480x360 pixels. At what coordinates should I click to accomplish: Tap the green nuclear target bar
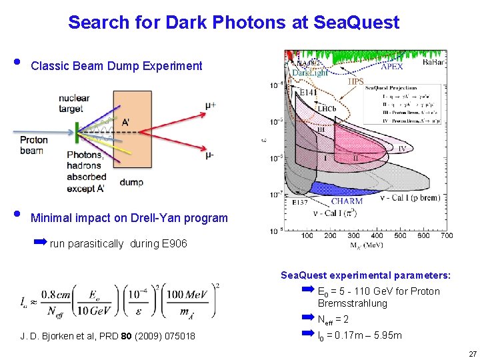[x=77, y=130]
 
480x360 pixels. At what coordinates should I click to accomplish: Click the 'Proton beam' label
[x=33, y=145]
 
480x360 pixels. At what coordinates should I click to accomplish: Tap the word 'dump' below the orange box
[x=131, y=183]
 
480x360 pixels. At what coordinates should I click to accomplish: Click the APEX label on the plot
[x=391, y=67]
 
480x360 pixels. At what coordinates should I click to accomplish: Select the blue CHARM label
[x=347, y=201]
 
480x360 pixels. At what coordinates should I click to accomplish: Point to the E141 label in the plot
[x=308, y=93]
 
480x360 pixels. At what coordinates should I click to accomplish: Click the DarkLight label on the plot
[x=310, y=72]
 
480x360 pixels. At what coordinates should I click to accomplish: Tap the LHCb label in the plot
[x=326, y=108]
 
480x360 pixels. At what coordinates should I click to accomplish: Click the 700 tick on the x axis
[x=446, y=235]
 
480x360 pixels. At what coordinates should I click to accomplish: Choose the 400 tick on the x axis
[x=377, y=235]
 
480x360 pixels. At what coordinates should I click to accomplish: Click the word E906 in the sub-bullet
[x=174, y=244]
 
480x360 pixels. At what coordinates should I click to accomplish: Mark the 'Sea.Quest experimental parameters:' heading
[x=365, y=275]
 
